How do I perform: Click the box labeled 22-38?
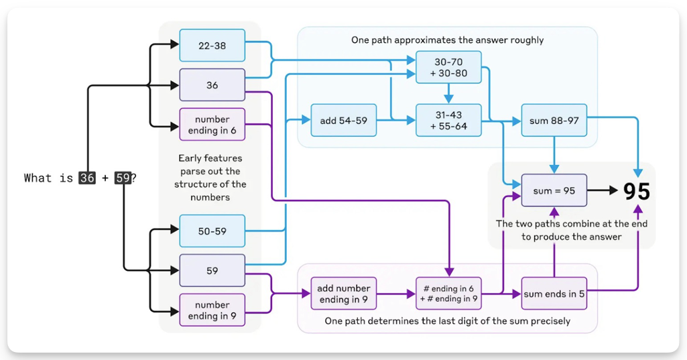212,46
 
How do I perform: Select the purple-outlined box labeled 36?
212,85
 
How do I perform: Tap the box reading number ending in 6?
212,125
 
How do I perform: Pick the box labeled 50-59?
212,231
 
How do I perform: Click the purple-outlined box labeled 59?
212,271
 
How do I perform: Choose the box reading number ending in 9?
212,310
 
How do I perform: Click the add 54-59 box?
343,121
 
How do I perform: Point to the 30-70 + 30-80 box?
448,67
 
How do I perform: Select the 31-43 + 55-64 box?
448,121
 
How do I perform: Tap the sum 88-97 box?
554,121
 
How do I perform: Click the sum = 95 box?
554,190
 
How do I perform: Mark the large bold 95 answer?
637,191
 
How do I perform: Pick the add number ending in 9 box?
343,294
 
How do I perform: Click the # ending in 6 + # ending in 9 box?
448,294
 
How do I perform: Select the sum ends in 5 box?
554,294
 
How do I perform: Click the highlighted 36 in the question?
87,178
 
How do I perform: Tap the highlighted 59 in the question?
123,178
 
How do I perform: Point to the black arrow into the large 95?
603,190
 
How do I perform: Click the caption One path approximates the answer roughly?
447,40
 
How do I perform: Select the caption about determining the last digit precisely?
447,321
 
